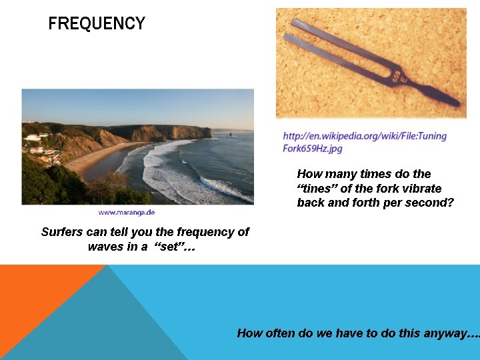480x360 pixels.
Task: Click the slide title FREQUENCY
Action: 97,24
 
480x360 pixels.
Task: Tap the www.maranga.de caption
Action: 127,213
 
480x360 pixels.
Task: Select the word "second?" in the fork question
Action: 431,202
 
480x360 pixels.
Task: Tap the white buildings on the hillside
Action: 33,137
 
